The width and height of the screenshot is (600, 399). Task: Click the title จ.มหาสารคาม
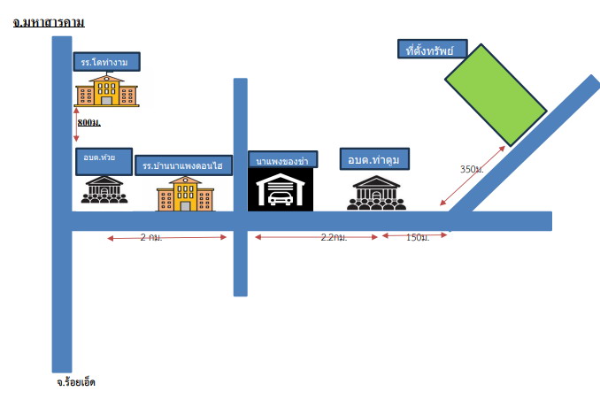pos(49,22)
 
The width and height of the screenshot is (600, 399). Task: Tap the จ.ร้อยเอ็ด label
pos(76,382)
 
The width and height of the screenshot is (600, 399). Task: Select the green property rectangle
pos(496,95)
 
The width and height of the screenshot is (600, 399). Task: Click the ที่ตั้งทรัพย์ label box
pos(433,49)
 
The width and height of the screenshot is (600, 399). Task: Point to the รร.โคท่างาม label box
pos(106,62)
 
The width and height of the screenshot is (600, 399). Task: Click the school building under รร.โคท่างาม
pos(106,90)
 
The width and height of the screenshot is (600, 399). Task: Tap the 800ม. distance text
pos(88,122)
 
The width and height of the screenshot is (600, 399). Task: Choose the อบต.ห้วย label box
pos(104,161)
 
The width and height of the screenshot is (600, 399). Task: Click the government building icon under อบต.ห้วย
pos(104,189)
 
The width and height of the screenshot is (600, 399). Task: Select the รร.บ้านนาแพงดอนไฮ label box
pos(184,165)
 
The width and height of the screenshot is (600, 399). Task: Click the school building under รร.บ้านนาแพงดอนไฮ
pos(185,194)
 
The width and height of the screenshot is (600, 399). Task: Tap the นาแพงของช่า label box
pos(283,159)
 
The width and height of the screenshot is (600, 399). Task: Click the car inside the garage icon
pos(281,198)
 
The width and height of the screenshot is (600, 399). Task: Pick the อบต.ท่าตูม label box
pos(374,158)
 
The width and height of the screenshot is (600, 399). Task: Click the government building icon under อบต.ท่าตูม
pos(376,193)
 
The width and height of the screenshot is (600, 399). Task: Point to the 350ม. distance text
pos(472,169)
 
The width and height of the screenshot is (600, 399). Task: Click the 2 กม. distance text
pos(151,237)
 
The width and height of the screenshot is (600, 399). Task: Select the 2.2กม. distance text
pos(334,237)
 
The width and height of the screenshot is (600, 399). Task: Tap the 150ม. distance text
pos(418,237)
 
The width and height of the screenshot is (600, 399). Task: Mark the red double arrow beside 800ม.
pos(76,125)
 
